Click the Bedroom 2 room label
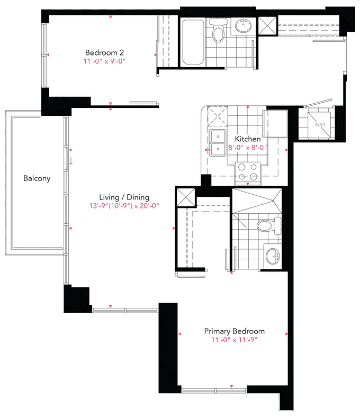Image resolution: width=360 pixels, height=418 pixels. (x=104, y=52)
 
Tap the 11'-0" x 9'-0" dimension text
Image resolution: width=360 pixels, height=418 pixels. (x=104, y=61)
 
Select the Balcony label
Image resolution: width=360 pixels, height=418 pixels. (x=37, y=178)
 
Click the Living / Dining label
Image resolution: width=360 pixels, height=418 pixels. (x=124, y=197)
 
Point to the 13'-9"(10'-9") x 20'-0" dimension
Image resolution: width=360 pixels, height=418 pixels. (x=124, y=206)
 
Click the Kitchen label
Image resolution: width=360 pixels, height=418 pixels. (x=248, y=139)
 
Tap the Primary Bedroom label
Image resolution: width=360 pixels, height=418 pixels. (x=235, y=331)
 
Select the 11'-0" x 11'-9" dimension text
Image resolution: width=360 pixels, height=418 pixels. (x=235, y=340)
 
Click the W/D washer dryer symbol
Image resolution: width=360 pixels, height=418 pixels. (x=319, y=124)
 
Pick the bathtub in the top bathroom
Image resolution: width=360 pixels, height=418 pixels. (x=193, y=42)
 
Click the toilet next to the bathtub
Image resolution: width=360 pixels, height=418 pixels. (x=219, y=30)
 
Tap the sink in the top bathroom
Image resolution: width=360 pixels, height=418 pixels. (x=243, y=26)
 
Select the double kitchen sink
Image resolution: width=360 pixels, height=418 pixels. (x=218, y=143)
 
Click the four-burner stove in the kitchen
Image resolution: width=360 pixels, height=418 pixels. (x=248, y=172)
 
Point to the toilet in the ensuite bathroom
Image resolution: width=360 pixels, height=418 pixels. (x=269, y=226)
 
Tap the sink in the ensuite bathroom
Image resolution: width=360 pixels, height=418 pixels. (x=273, y=256)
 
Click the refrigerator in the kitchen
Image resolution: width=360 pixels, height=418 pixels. (x=275, y=123)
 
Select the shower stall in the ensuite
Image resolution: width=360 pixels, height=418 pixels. (x=257, y=201)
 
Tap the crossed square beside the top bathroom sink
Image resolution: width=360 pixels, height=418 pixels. (x=268, y=26)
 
